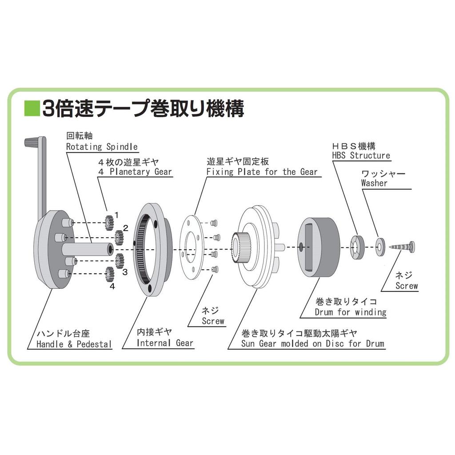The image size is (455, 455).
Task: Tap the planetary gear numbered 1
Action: tap(108, 223)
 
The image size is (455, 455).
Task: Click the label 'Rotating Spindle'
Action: tap(102, 147)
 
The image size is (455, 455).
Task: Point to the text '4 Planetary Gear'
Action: tap(135, 172)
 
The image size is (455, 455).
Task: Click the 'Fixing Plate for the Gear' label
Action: tap(262, 172)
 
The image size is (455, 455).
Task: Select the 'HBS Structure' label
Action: tap(361, 156)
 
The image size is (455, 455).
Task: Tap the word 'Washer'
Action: tap(374, 183)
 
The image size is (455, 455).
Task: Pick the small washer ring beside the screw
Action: tap(380, 247)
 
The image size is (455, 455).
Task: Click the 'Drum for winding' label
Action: tap(350, 312)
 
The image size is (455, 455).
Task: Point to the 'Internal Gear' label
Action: tap(165, 343)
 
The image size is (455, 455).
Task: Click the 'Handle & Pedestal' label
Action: tap(74, 344)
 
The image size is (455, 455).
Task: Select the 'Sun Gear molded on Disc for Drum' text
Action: tap(312, 343)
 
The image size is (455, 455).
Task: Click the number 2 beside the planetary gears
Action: tap(126, 228)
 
